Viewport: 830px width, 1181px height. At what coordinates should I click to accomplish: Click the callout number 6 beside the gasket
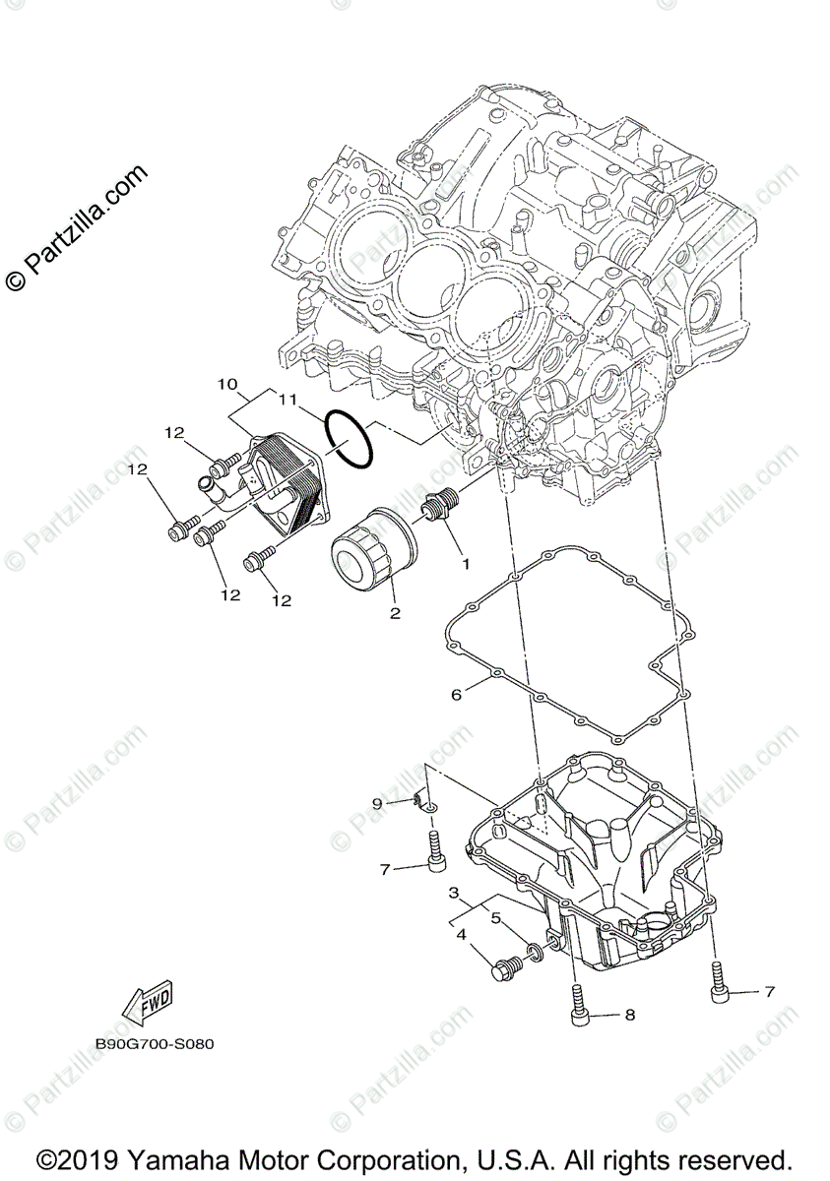coord(456,695)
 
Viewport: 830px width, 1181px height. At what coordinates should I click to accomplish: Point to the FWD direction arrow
coord(145,1003)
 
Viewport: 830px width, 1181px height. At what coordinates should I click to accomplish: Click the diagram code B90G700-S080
coord(155,1044)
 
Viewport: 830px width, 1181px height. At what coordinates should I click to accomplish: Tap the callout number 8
coord(629,1013)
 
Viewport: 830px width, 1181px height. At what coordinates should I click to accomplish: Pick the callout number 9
coord(376,804)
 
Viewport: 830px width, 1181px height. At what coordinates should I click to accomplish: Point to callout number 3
coord(454,893)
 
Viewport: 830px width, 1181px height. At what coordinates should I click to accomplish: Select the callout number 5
coord(497,918)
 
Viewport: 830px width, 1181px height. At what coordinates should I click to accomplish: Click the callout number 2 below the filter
coord(395,613)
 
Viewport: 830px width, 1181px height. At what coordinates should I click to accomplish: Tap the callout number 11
coord(287,400)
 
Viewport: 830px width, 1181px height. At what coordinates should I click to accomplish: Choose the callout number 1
coord(465,565)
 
